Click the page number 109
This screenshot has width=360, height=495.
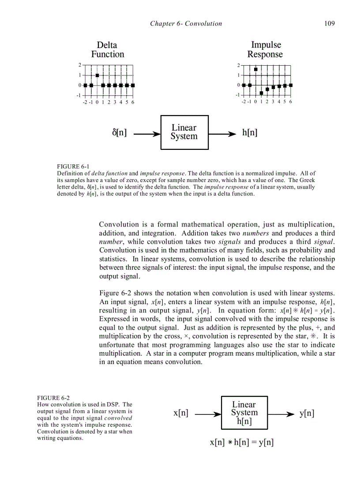click(329, 23)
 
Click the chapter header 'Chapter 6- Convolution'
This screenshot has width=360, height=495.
click(186, 23)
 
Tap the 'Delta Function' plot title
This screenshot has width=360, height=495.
click(108, 49)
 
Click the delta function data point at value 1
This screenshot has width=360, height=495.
click(97, 75)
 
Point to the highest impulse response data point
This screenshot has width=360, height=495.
click(256, 69)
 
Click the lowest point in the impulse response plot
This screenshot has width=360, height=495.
click(262, 93)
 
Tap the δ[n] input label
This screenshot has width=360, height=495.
click(119, 133)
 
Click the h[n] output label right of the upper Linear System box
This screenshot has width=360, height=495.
click(250, 133)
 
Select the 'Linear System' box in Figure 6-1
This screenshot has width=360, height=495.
click(184, 132)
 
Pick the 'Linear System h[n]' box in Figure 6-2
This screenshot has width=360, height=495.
click(244, 413)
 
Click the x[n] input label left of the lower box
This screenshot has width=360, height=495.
click(181, 413)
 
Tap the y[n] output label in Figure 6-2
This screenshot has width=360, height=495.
click(307, 413)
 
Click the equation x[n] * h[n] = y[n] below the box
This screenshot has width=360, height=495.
click(242, 442)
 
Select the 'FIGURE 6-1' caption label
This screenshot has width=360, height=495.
click(73, 166)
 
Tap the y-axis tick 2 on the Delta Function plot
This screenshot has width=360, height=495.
click(80, 65)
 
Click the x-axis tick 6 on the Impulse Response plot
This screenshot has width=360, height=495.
click(291, 102)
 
